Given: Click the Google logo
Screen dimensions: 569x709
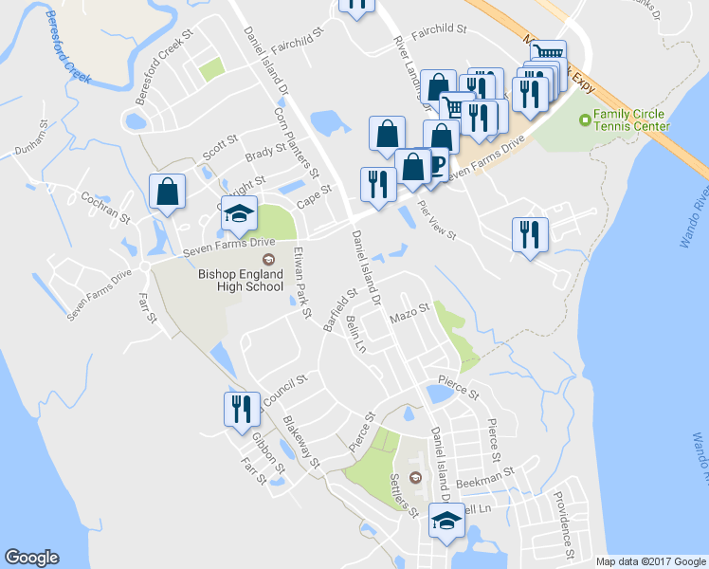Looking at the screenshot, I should pyautogui.click(x=32, y=558).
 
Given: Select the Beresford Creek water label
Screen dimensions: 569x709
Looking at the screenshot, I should pyautogui.click(x=55, y=43).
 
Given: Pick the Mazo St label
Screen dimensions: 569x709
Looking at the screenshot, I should pyautogui.click(x=410, y=311).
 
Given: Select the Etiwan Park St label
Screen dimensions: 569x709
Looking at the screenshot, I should pyautogui.click(x=302, y=282).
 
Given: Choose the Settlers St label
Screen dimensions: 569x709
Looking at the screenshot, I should pyautogui.click(x=405, y=498).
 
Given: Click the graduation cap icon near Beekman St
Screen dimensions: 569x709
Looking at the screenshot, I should pyautogui.click(x=446, y=520).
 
